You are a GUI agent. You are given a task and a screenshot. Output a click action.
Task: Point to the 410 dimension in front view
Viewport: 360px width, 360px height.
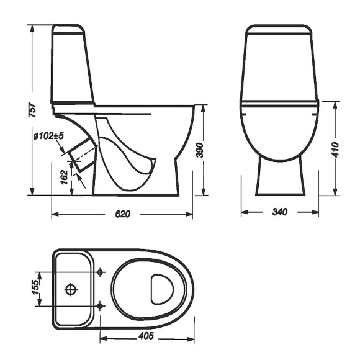336,149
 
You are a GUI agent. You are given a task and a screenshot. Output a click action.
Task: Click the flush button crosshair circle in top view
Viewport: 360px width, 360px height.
71,289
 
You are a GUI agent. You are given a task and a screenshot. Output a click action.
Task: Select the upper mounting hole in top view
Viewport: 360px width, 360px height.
101,271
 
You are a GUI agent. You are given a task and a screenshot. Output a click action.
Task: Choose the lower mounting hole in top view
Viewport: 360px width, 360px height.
101,305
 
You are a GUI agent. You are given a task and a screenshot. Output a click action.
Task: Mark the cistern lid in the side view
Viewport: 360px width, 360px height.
68,29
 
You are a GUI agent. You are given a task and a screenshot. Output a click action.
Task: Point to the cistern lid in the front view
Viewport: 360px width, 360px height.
278,30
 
